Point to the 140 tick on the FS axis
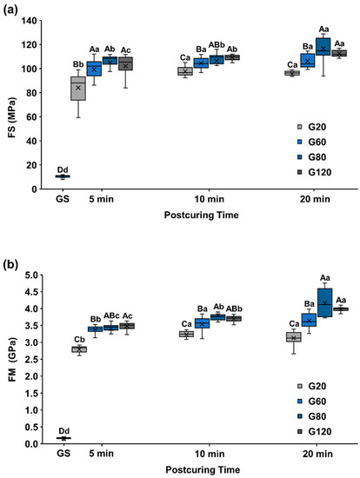[34, 21]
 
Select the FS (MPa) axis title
[10, 106]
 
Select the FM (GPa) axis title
[10, 359]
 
